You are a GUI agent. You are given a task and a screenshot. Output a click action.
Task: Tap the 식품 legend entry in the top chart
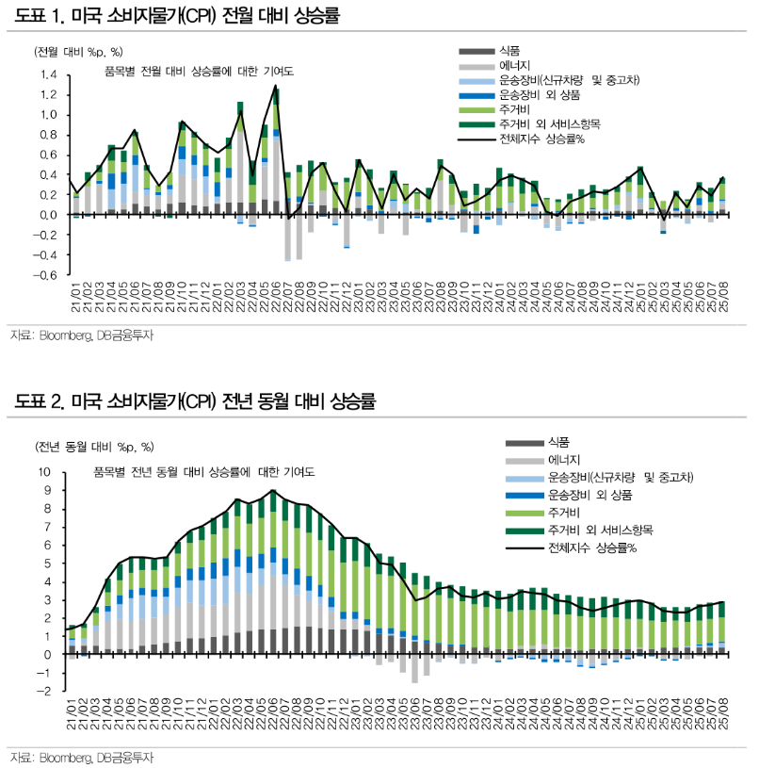coord(509,50)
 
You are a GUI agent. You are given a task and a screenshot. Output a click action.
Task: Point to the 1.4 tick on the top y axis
coord(49,74)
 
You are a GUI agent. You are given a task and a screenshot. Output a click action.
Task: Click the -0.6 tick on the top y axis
coord(46,275)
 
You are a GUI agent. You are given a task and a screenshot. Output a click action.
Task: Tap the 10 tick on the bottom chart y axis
coord(44,472)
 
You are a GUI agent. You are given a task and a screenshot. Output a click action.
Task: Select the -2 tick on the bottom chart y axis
coord(46,691)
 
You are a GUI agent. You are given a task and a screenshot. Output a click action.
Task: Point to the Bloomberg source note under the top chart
coord(81,335)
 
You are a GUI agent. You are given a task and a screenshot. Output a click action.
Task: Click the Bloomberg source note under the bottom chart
coord(81,757)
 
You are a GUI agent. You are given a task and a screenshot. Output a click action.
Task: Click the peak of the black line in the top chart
coord(276,86)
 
